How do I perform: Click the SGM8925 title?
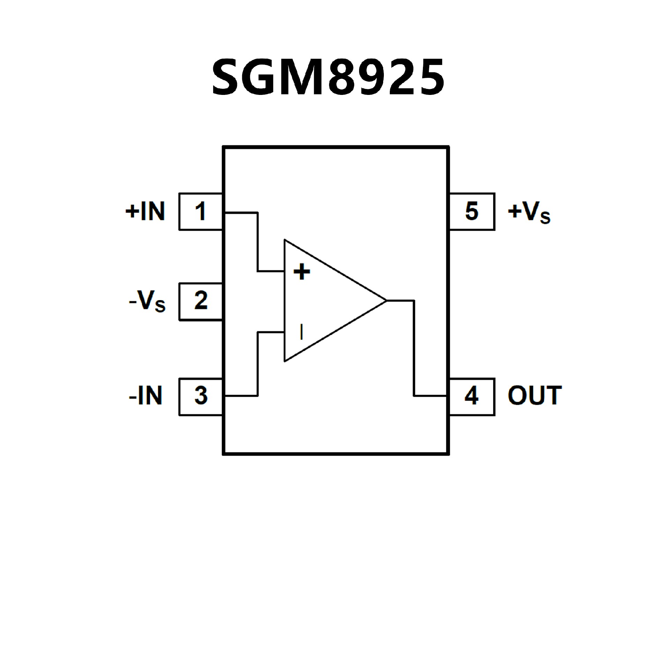tap(328, 77)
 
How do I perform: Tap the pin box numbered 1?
tap(201, 211)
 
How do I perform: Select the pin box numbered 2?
tap(201, 301)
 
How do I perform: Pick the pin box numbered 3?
tap(201, 396)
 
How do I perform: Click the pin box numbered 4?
tap(472, 396)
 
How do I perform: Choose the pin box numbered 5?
tap(472, 211)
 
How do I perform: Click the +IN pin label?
tap(145, 211)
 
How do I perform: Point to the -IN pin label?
tap(146, 396)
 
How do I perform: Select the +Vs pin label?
tap(529, 212)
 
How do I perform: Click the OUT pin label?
tap(534, 396)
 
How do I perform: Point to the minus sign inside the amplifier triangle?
tap(301, 332)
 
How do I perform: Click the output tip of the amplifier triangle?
tap(385, 300)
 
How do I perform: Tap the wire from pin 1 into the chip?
tap(241, 212)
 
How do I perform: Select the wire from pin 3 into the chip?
tap(241, 396)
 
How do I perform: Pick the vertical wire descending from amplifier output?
tap(414, 349)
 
